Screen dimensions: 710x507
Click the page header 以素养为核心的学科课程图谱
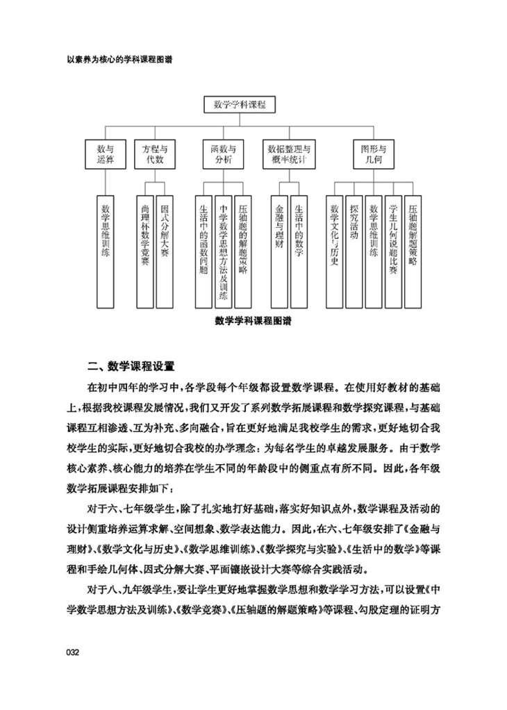click(x=109, y=60)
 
